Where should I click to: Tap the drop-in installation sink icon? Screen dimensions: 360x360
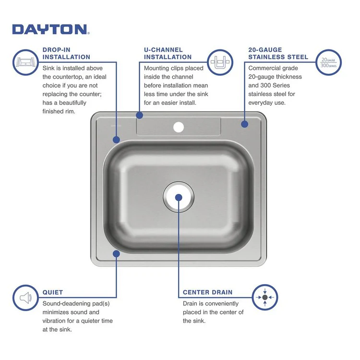(x=25, y=62)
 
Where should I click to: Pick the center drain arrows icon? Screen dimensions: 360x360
(x=265, y=297)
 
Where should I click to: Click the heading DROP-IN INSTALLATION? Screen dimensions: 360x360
(x=66, y=53)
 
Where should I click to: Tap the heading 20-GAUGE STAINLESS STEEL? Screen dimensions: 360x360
(x=278, y=53)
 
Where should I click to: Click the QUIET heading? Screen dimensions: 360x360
(x=52, y=292)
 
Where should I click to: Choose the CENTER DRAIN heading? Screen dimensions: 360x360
(x=207, y=292)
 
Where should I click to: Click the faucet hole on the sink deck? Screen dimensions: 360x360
(x=179, y=127)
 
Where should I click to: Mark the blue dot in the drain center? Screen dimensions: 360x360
(x=179, y=197)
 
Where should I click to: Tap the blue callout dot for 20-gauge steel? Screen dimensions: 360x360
(x=244, y=124)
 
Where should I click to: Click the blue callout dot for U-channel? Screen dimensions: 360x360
(x=140, y=115)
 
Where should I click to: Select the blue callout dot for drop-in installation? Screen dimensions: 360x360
(x=116, y=140)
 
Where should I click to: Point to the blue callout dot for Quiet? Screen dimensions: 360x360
(x=116, y=253)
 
